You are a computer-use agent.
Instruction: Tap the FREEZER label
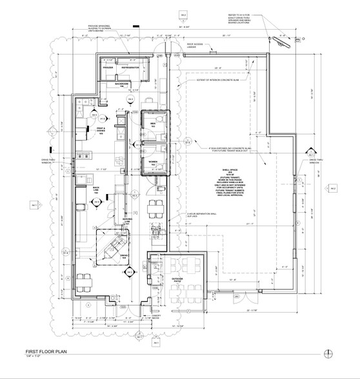pyautogui.click(x=108, y=67)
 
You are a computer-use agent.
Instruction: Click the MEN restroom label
pyautogui.click(x=154, y=123)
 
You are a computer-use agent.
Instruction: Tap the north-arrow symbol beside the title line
pyautogui.click(x=330, y=353)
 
